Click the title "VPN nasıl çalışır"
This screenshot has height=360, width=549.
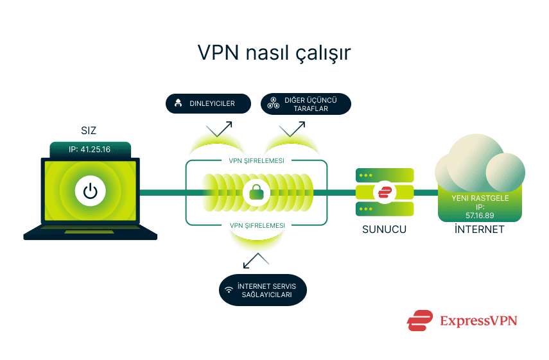274,53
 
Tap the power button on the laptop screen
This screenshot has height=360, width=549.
90,191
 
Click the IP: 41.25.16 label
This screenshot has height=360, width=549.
90,150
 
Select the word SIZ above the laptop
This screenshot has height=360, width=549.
89,130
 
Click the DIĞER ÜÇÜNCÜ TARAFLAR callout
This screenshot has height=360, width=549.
306,104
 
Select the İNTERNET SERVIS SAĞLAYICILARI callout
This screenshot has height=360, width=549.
261,290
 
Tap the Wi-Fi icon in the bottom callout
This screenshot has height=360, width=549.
229,290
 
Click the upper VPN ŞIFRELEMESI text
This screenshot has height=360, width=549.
257,160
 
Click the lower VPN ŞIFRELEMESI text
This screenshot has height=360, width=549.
257,225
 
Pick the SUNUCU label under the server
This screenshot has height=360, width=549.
385,229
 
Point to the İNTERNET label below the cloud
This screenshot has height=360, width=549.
479,229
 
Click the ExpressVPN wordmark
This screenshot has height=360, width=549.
478,320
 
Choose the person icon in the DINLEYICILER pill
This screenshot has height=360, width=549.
177,103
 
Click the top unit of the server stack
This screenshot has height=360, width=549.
385,175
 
